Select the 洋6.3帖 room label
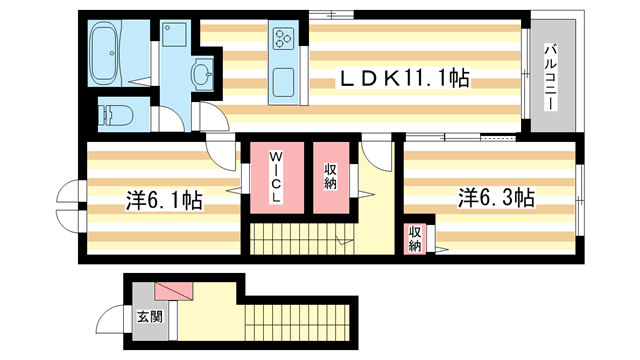coord(497,196)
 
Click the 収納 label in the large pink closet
coord(330,177)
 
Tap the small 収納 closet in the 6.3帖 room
coord(414,239)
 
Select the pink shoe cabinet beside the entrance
coord(173,290)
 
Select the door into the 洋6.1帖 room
coord(218,149)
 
